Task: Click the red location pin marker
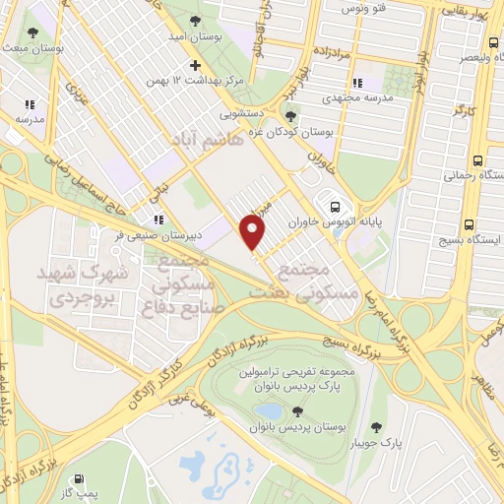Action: click(x=254, y=234)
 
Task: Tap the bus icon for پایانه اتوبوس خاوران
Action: click(x=336, y=208)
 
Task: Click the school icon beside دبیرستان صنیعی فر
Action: click(x=157, y=220)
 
